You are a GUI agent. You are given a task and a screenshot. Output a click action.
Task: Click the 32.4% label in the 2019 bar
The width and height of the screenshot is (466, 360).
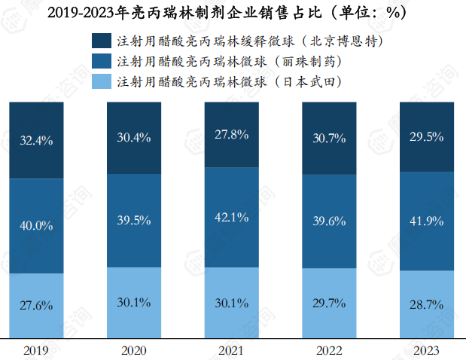pos(36,140)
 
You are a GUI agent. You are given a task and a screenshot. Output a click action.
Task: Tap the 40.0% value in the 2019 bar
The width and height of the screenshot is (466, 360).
pos(36,225)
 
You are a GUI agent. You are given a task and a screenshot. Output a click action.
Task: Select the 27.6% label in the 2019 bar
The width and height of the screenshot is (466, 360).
pos(36,306)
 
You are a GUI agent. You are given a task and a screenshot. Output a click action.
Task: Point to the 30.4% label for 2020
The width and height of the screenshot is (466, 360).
pos(134,137)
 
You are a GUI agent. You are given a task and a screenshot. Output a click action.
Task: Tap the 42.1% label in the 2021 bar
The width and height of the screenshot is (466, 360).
pos(232,217)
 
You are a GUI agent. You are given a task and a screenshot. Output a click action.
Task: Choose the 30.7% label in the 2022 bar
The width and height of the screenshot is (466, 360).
pos(329,138)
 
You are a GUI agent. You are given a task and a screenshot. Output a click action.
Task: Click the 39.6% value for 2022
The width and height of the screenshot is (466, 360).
pos(329,221)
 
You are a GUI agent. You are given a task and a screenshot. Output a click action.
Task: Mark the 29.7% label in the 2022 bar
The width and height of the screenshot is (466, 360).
pos(329,304)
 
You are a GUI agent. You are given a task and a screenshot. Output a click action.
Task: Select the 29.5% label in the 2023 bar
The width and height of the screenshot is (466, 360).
pos(427,136)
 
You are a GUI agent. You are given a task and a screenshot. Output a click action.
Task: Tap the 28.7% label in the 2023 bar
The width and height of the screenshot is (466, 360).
pos(427,304)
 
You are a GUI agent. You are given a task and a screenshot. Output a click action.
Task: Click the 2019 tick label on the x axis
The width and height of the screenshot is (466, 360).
pos(36,350)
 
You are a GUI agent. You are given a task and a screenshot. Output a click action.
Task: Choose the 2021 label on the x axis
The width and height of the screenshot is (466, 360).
pos(232,350)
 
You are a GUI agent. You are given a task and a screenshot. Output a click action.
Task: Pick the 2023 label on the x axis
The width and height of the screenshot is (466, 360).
pos(427,350)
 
